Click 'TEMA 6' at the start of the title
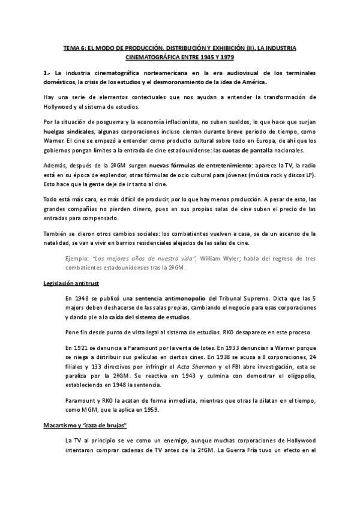click(75, 47)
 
